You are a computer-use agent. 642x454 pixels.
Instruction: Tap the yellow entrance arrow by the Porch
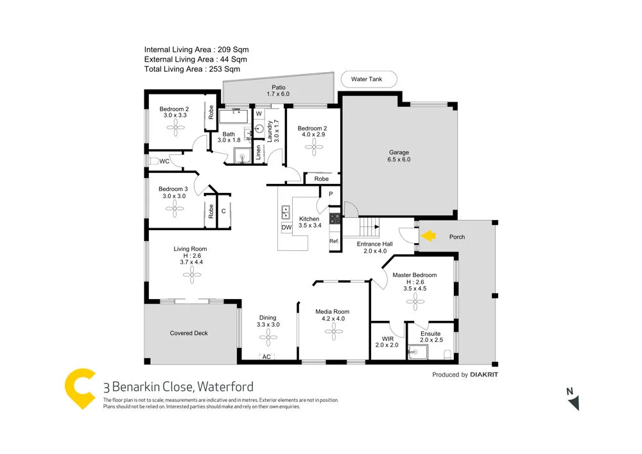[x=428, y=237]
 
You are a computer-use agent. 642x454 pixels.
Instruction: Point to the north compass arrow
[x=573, y=401]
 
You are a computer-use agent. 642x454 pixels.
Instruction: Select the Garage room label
[x=399, y=153]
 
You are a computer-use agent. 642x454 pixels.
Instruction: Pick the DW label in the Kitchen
[x=286, y=227]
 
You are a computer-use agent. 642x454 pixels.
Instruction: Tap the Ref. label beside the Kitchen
[x=334, y=241]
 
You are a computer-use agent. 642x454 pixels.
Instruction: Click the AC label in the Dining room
[x=266, y=357]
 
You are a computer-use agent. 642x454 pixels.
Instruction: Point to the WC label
[x=164, y=161]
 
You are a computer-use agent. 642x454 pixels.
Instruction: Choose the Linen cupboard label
[x=258, y=152]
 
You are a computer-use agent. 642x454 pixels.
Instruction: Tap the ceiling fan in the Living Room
[x=190, y=276]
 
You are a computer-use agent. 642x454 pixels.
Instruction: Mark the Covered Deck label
[x=189, y=333]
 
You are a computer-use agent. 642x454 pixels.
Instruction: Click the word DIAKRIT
[x=485, y=375]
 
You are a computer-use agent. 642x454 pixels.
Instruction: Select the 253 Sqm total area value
[x=225, y=69]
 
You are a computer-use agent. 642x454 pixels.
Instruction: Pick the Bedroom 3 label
[x=173, y=189]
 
